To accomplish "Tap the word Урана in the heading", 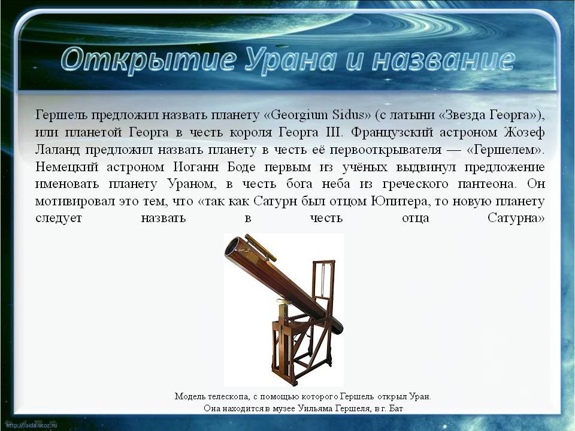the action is (290, 60).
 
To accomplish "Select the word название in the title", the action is (444, 60).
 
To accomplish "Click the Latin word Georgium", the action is (298, 115).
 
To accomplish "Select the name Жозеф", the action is (524, 132).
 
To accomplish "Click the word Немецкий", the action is (66, 167).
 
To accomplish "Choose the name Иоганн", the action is (196, 167).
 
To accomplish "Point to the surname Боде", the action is (241, 167).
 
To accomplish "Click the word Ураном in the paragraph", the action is (192, 184).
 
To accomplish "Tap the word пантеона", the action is (487, 184).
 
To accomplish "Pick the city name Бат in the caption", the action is (396, 408).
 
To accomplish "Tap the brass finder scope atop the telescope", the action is (261, 247).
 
